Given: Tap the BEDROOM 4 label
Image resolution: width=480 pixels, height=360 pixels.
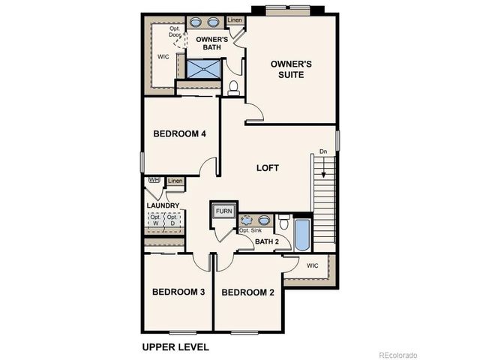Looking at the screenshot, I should (x=179, y=134).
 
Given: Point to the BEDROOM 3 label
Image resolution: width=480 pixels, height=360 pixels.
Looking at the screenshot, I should (x=178, y=292).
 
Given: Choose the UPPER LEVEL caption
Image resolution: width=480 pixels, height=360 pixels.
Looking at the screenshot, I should (x=175, y=347).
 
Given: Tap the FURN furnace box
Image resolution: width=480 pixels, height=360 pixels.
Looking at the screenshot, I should (x=224, y=211).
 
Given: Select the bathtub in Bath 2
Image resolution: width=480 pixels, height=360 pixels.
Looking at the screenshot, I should (x=301, y=235).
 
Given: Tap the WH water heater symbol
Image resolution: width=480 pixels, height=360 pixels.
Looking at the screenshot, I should (x=154, y=180).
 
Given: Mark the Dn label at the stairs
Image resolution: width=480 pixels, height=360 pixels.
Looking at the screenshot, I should (x=323, y=152).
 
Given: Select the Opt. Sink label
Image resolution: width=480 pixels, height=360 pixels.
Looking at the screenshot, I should (x=250, y=230).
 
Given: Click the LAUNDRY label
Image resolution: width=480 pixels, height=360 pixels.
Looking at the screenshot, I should (x=163, y=205).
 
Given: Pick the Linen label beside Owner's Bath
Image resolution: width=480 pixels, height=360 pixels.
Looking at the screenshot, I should (x=235, y=19).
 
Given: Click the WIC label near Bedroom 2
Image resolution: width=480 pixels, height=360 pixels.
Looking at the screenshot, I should (x=313, y=265).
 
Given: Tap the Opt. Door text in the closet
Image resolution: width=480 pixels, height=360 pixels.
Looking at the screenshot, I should (x=175, y=33).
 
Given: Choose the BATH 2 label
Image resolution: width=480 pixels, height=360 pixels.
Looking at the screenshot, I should (x=266, y=241).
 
